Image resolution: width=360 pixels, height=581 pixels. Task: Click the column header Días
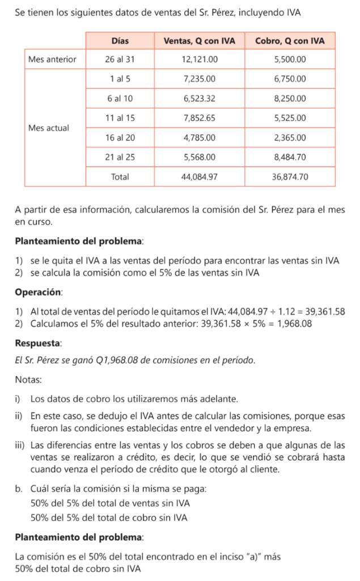point(120,41)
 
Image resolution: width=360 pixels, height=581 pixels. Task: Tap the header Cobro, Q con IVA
point(290,41)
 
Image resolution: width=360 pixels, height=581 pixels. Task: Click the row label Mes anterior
point(52,59)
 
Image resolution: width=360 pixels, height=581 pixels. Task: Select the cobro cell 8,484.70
point(290,157)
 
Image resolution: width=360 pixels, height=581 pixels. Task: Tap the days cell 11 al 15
point(120,118)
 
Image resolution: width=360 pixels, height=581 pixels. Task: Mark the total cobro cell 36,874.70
point(290,177)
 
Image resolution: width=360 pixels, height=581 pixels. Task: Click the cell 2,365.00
point(290,138)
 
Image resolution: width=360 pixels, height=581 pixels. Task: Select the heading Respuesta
point(38,344)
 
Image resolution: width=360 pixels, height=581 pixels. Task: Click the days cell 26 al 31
point(120,59)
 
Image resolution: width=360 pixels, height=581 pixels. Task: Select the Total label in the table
point(120,177)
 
